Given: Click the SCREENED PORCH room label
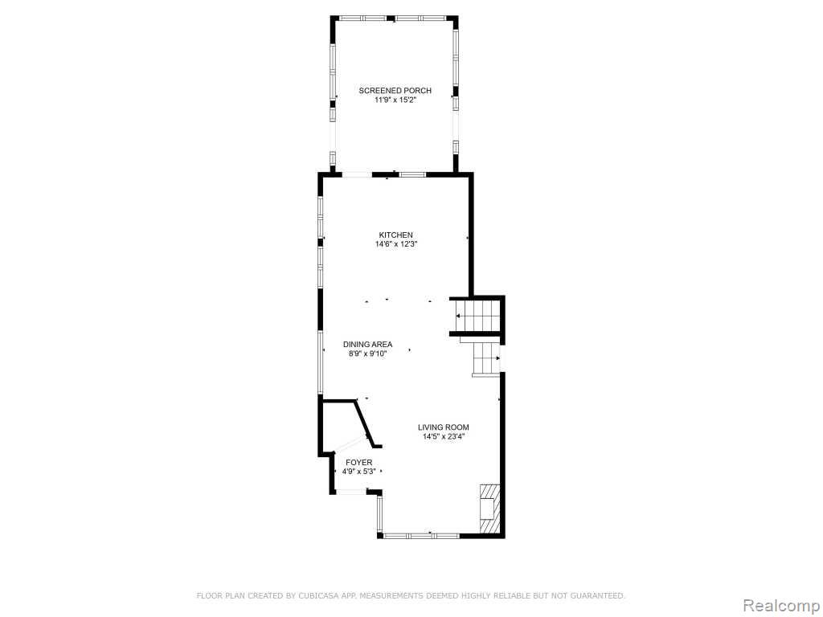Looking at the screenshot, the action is point(395,91).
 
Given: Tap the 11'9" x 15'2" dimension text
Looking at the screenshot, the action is point(395,100).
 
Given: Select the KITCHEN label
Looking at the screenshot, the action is point(395,235).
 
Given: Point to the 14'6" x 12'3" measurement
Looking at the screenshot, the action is point(395,244).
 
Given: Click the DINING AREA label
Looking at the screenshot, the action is point(367,345).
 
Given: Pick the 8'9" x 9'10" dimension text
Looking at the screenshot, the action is point(367,354).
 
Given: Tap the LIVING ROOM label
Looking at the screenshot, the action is point(444,427).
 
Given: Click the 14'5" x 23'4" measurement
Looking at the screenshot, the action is point(444,437).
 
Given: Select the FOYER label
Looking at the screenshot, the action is point(359,462).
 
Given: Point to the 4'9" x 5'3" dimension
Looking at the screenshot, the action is point(359,472).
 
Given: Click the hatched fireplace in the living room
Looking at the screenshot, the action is point(488,508).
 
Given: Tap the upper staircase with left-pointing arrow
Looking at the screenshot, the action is point(476,315).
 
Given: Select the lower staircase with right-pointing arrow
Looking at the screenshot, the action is point(486,358).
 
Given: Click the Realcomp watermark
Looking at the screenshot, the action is point(780,606).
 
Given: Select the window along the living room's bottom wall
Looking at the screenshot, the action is point(421,536).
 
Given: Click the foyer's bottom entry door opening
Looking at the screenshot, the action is point(351,492).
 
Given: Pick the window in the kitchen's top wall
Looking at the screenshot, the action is point(412,174).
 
